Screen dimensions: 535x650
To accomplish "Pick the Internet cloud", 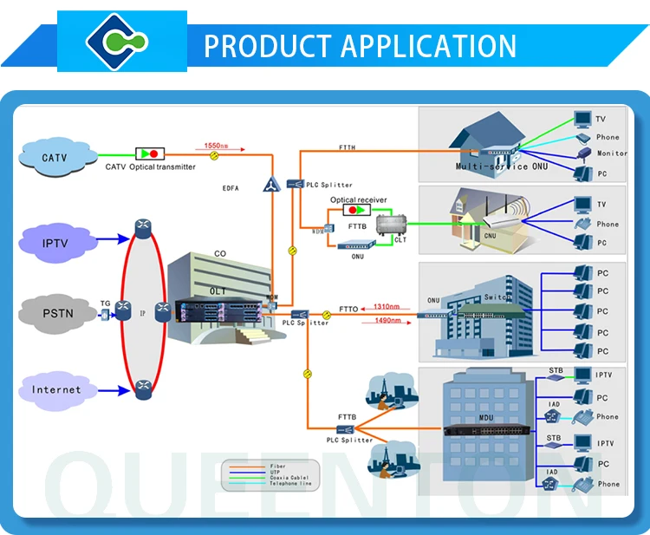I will pos(57,389).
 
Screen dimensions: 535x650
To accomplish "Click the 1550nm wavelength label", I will pos(216,146).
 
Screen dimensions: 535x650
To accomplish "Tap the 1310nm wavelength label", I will pos(387,306).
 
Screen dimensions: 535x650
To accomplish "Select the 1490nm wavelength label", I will pos(387,321).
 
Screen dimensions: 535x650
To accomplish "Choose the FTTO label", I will pos(348,309).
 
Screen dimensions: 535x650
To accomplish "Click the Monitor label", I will pos(612,153).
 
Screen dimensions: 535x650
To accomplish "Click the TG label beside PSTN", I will pos(105,303).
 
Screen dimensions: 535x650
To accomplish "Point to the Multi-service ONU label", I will pos(492,166).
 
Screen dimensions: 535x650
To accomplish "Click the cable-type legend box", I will pos(270,473).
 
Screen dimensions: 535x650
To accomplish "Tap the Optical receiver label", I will pos(358,199).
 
